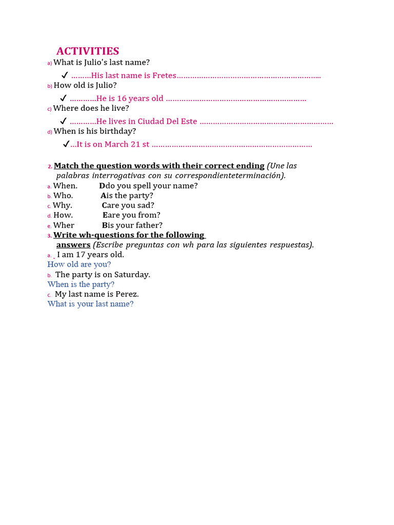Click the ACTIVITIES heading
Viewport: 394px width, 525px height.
(x=88, y=51)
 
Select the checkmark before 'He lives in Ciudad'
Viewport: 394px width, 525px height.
(x=63, y=121)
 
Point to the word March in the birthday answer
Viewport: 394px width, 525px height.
(x=116, y=144)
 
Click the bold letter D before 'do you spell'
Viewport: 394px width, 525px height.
(x=102, y=186)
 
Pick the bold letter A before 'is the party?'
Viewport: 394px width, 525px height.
(x=103, y=195)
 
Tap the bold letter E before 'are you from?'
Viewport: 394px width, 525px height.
(x=105, y=215)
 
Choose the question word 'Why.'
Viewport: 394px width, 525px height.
(x=63, y=205)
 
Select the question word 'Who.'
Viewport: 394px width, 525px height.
(x=63, y=195)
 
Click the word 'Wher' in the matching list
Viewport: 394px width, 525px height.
(x=64, y=225)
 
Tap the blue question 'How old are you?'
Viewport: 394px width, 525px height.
(x=79, y=265)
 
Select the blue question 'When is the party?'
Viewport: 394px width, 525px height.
(x=81, y=284)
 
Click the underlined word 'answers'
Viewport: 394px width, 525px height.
(x=73, y=245)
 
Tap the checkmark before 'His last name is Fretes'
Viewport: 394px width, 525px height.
(x=65, y=75)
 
